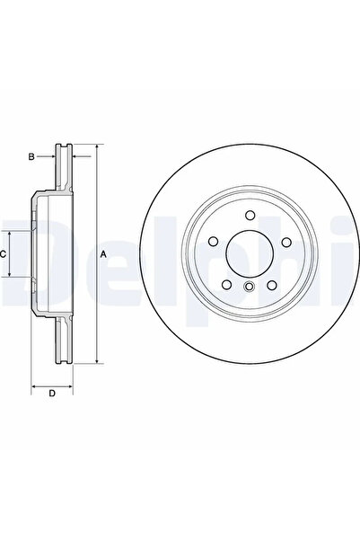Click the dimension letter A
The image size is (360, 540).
(103, 255)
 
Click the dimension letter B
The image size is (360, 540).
(31, 157)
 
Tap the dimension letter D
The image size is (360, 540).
(52, 394)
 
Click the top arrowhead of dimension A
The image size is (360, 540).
(95, 146)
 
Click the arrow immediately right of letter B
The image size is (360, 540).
(51, 157)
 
